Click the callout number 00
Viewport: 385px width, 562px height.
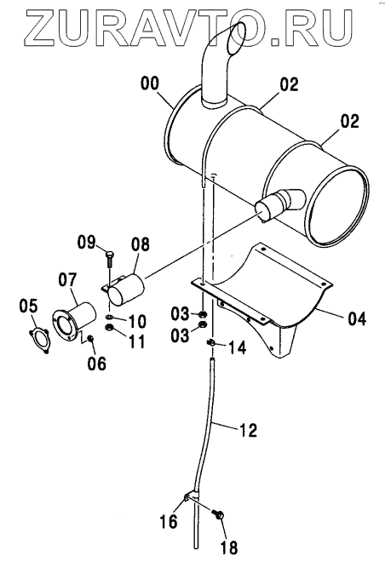click(x=150, y=83)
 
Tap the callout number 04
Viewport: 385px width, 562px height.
click(x=357, y=318)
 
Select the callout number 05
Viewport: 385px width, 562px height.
click(x=28, y=306)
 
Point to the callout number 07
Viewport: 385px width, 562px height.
click(x=68, y=280)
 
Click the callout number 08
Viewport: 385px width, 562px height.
click(x=141, y=244)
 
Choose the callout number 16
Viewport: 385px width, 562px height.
click(x=169, y=521)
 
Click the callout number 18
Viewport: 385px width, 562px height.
click(x=229, y=548)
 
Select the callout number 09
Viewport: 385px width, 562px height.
click(x=86, y=243)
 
